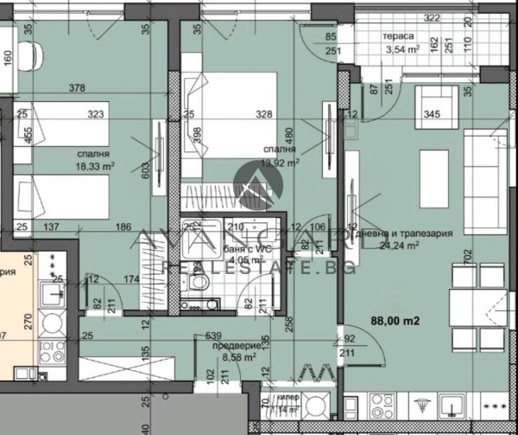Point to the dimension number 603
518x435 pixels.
coord(146,171)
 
